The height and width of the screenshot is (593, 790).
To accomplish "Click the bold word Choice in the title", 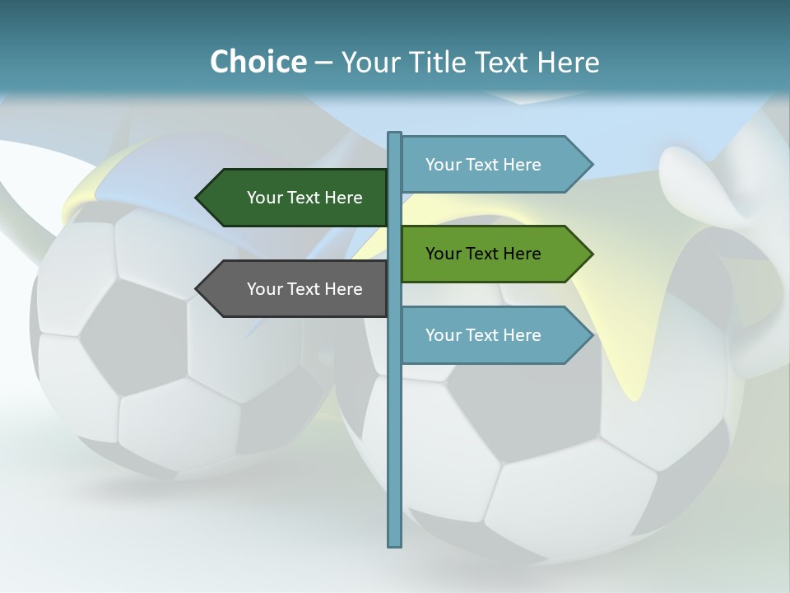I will pyautogui.click(x=258, y=62).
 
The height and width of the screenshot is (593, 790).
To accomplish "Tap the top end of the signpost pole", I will pyautogui.click(x=394, y=134).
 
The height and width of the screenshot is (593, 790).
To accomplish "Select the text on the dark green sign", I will pyautogui.click(x=304, y=198).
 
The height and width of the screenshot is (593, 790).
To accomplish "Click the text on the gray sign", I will pyautogui.click(x=304, y=289).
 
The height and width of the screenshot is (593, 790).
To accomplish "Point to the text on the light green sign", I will pyautogui.click(x=483, y=254).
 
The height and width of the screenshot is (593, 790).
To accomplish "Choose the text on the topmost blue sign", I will pyautogui.click(x=483, y=165).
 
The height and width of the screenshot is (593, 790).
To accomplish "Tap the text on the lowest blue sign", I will pyautogui.click(x=483, y=335).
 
